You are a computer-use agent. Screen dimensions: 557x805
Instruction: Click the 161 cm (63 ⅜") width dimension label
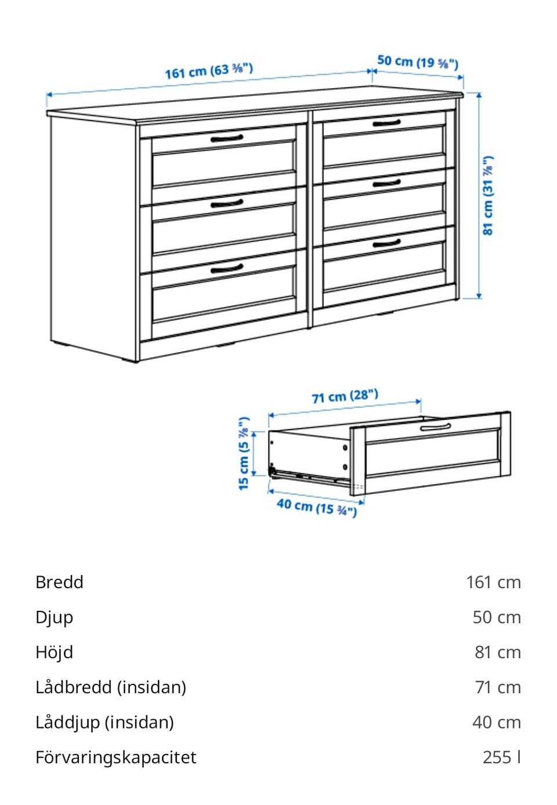pos(209,71)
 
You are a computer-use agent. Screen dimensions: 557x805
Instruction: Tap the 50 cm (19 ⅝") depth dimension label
pos(418,62)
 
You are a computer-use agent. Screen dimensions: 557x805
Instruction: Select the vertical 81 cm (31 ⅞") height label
pos(487,195)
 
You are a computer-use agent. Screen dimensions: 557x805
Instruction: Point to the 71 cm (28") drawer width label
pos(345,396)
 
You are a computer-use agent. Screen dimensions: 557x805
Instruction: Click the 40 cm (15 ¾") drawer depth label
pos(317,507)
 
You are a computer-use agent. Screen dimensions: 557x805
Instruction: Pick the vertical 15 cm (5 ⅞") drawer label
pos(244,453)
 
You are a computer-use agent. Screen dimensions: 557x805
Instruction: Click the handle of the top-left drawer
pos(227,139)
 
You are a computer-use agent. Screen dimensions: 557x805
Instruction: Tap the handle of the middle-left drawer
pos(227,204)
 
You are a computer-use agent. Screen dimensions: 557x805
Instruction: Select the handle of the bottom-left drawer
pos(227,268)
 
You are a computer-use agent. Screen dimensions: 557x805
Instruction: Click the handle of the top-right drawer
pos(386,123)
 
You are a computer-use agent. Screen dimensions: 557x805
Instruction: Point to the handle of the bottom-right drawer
pos(386,243)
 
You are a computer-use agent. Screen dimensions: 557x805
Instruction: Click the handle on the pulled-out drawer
pos(435,427)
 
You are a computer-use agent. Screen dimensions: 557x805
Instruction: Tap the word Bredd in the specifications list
pos(59,582)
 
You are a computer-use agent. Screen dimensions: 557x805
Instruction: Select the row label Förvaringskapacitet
pos(116,757)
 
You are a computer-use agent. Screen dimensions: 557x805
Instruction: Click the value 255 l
pos(501,757)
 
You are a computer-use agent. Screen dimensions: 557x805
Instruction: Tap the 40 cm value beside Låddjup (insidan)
pos(497,722)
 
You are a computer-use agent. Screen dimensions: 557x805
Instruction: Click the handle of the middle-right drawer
pos(386,183)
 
